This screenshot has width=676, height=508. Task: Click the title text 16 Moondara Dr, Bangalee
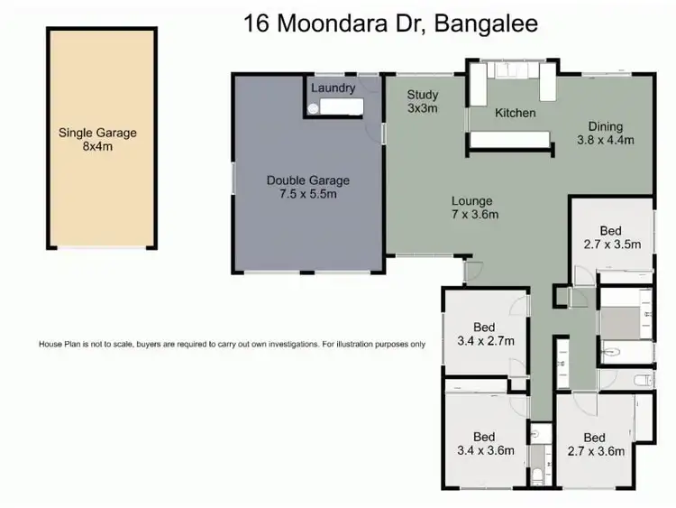[390, 24]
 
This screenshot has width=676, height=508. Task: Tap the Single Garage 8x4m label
[97, 139]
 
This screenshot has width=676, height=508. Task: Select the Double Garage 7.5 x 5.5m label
[307, 187]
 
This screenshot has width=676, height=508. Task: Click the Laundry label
[333, 88]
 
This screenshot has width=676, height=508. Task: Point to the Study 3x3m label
[422, 101]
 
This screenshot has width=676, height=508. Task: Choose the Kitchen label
[515, 113]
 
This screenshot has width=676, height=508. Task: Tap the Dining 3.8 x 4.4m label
[606, 133]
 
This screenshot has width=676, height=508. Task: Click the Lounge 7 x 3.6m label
[471, 208]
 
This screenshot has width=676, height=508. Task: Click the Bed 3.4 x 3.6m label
[485, 444]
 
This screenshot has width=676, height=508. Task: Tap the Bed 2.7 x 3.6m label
[595, 444]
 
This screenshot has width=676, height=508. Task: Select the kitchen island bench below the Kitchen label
[511, 140]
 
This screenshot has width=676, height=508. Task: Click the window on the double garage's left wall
[233, 178]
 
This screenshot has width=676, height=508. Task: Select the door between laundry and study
[382, 133]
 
